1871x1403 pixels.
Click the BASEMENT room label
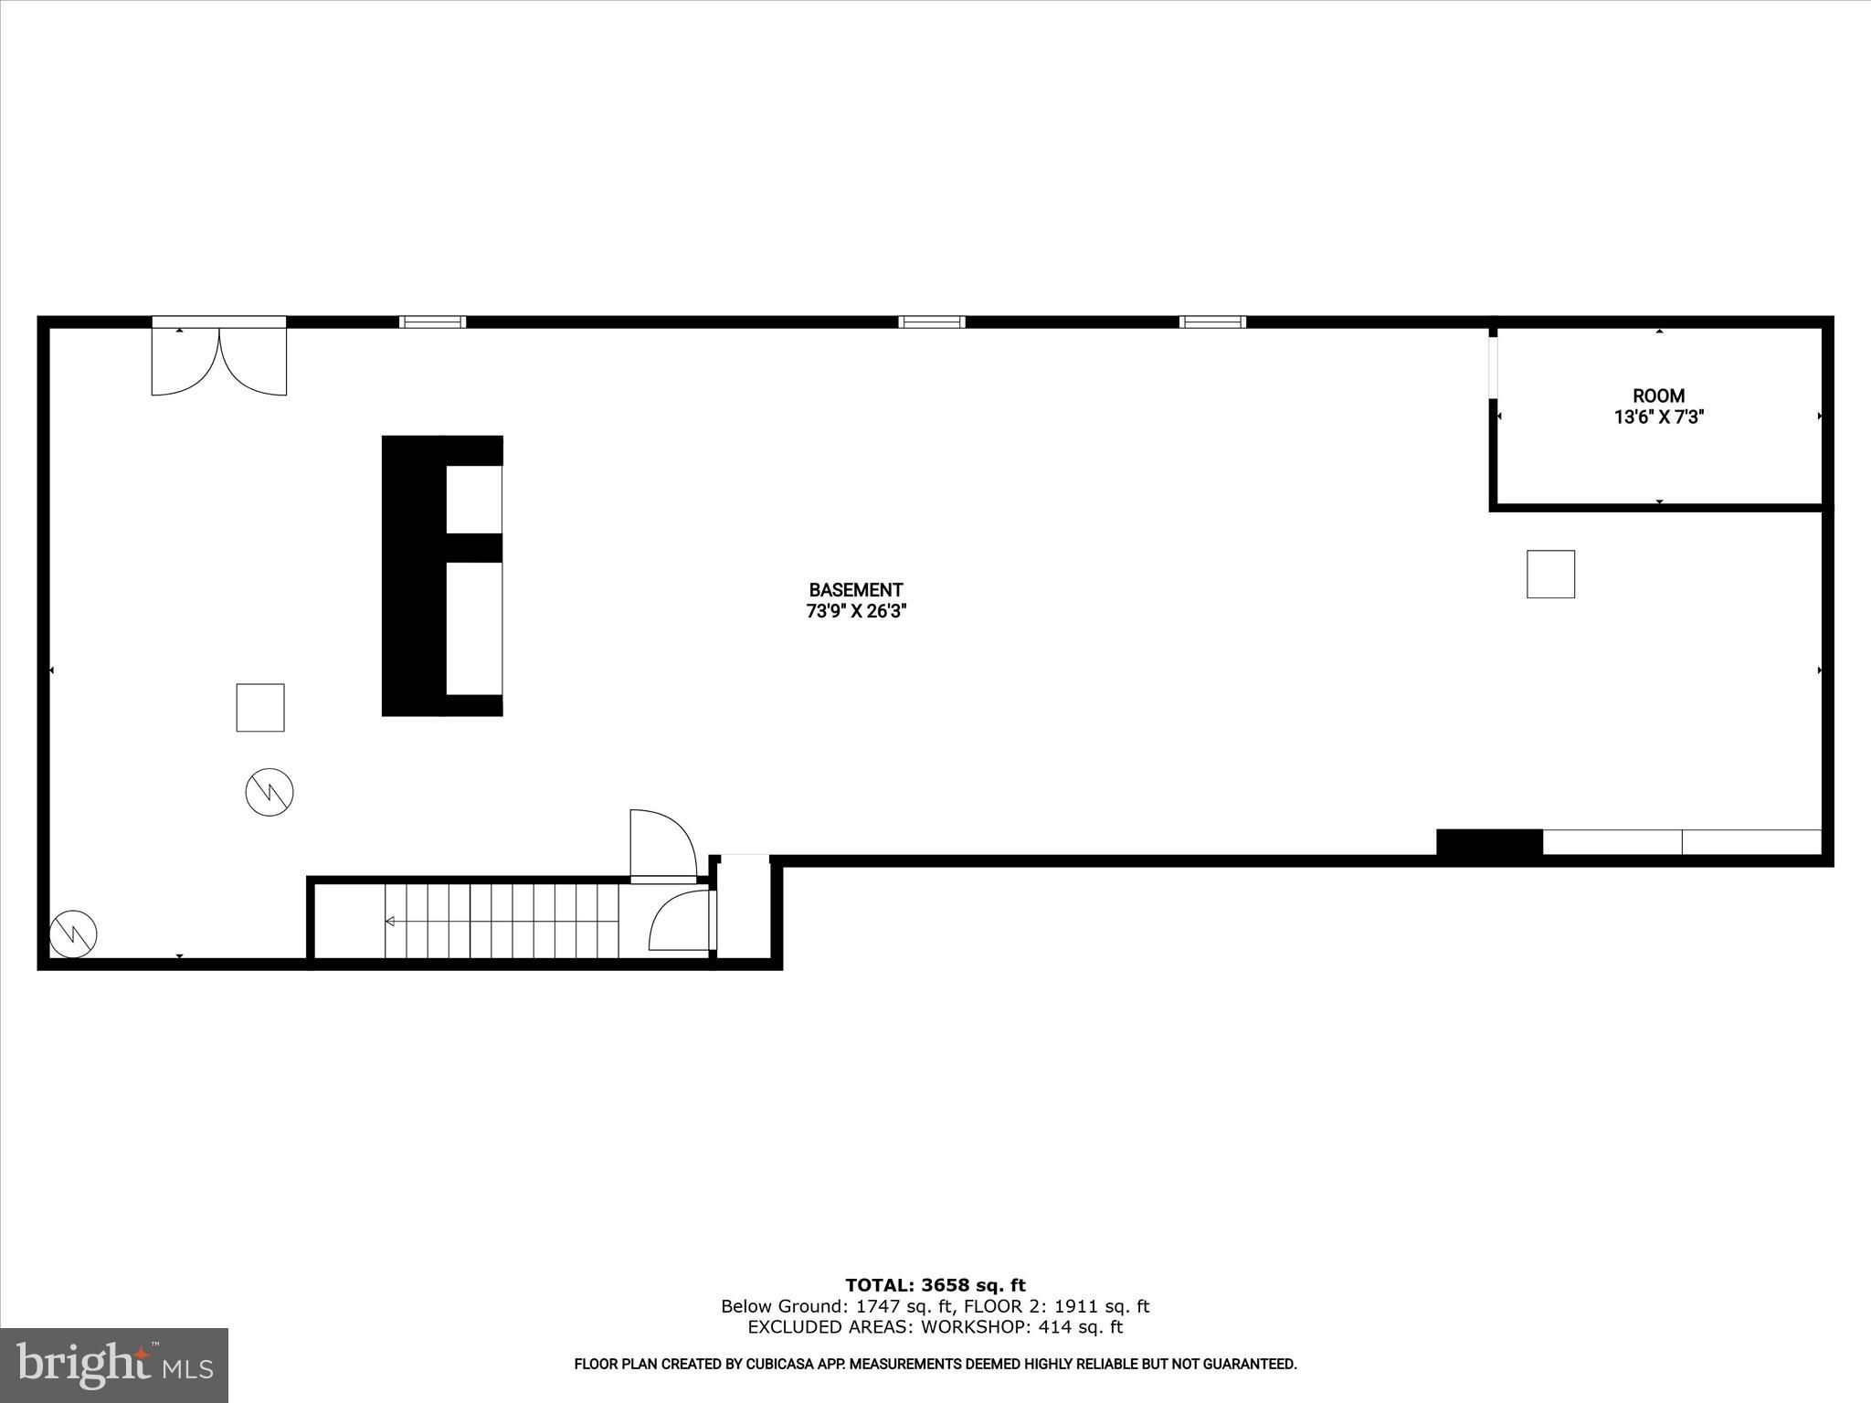coord(855,590)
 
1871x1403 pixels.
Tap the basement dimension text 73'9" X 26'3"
coord(855,612)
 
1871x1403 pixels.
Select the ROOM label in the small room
coord(1658,396)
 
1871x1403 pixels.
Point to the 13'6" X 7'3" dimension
coord(1658,417)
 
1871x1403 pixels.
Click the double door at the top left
coord(218,358)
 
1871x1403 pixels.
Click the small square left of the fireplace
coord(260,707)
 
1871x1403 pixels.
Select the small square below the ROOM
coord(1550,574)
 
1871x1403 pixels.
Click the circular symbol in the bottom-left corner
coord(73,933)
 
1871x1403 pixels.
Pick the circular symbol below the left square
coord(270,792)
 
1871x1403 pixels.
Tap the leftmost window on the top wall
coord(432,322)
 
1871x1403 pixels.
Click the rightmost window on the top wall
coord(1212,322)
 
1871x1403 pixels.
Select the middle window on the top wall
coord(932,322)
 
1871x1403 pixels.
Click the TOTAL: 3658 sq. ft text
coord(935,1285)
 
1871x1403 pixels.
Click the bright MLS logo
coord(114,1366)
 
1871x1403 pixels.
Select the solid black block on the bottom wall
coord(1489,842)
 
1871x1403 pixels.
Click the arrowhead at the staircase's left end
coord(390,921)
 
